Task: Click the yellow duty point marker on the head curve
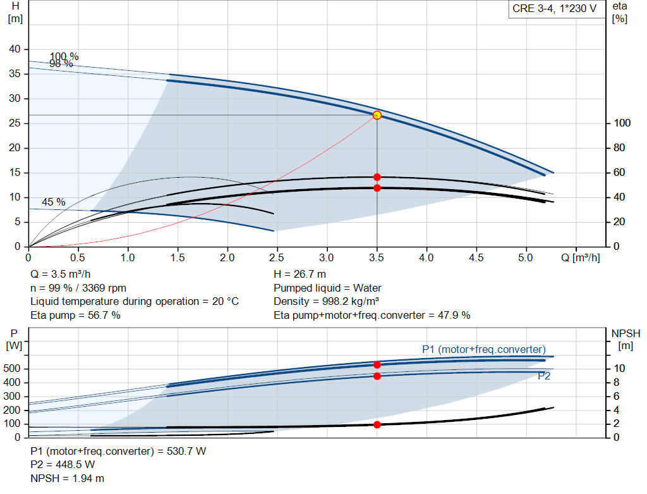pos(377,115)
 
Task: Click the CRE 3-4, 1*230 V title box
pos(554,11)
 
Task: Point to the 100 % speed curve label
pos(64,57)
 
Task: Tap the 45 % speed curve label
pos(54,202)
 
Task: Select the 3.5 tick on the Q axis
pos(377,258)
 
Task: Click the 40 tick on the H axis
pos(15,49)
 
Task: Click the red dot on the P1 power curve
pos(377,365)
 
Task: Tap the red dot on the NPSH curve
pos(377,424)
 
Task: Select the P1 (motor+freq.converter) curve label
pos(483,349)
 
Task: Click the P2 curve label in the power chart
pos(544,376)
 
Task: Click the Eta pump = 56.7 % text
pos(75,315)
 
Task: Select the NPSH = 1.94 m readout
pos(68,478)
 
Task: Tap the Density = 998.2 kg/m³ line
pos(326,302)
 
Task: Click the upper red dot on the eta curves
pos(377,177)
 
